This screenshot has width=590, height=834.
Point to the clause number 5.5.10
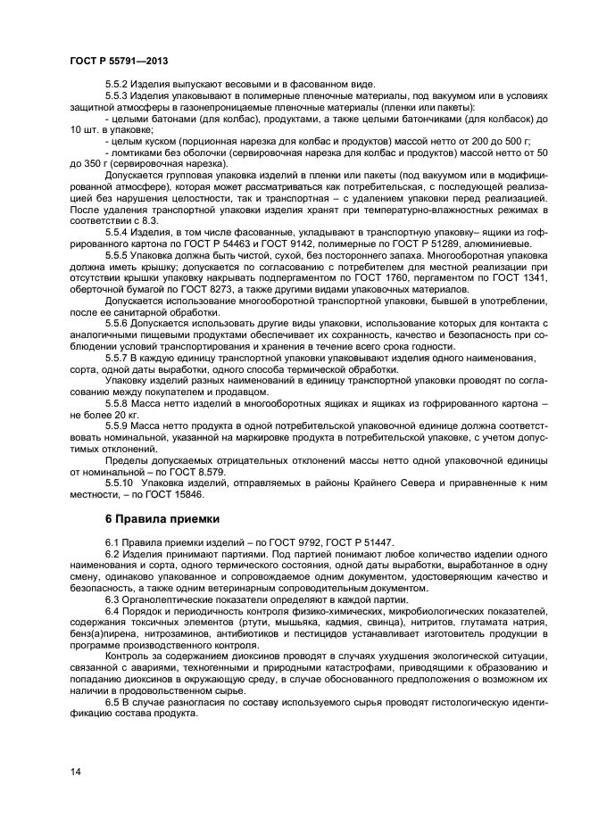120,482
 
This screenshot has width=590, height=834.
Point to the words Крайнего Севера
405,482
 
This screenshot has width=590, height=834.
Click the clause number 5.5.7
118,357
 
